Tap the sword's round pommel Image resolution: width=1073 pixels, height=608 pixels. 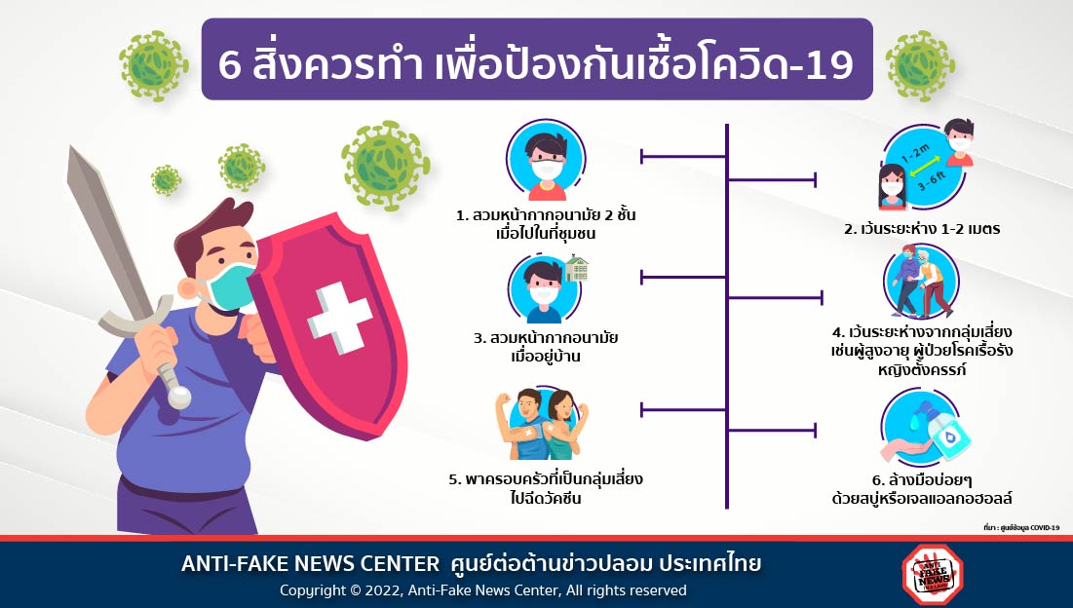(x=179, y=398)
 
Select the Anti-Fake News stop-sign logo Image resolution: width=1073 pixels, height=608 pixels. (x=932, y=574)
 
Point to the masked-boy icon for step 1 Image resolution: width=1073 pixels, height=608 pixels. (x=546, y=161)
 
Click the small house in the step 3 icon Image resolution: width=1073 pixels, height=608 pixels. (x=576, y=269)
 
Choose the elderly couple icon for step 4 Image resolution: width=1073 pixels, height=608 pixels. (x=921, y=282)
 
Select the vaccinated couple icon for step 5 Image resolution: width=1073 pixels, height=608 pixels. (x=542, y=424)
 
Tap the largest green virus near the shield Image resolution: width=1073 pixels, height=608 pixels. (x=385, y=165)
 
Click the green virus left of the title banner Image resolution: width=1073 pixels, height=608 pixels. (x=154, y=65)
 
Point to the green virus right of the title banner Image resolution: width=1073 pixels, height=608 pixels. (x=920, y=65)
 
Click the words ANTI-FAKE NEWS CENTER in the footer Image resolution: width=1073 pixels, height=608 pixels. (x=310, y=564)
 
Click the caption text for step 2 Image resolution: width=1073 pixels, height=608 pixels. (x=922, y=229)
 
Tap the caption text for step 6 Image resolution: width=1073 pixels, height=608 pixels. (x=922, y=489)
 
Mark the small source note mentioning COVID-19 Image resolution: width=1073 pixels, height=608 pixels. (x=1021, y=527)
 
